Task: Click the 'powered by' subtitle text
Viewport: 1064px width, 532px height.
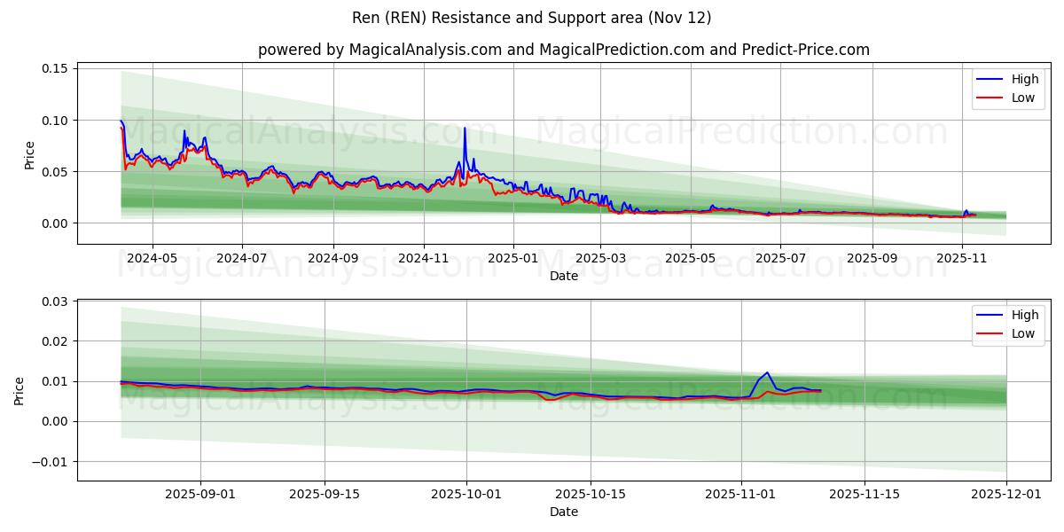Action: (x=563, y=50)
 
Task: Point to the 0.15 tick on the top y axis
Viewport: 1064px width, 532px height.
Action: (x=55, y=68)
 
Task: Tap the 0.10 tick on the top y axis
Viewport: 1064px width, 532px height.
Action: (x=55, y=120)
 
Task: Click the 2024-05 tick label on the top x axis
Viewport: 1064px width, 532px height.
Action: (x=153, y=258)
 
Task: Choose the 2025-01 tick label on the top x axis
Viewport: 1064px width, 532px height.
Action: (x=513, y=258)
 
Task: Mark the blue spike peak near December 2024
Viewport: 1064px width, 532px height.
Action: (x=465, y=129)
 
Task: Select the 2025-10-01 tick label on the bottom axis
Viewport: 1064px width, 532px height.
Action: (x=466, y=495)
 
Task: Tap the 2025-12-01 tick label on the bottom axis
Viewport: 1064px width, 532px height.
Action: (x=1006, y=495)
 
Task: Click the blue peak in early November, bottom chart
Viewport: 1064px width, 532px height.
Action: (x=767, y=373)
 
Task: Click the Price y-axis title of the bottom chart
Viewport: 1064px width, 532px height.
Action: (x=20, y=391)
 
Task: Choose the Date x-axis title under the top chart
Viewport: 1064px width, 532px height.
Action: (x=563, y=276)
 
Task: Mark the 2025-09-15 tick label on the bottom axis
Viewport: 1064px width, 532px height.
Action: (x=324, y=495)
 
